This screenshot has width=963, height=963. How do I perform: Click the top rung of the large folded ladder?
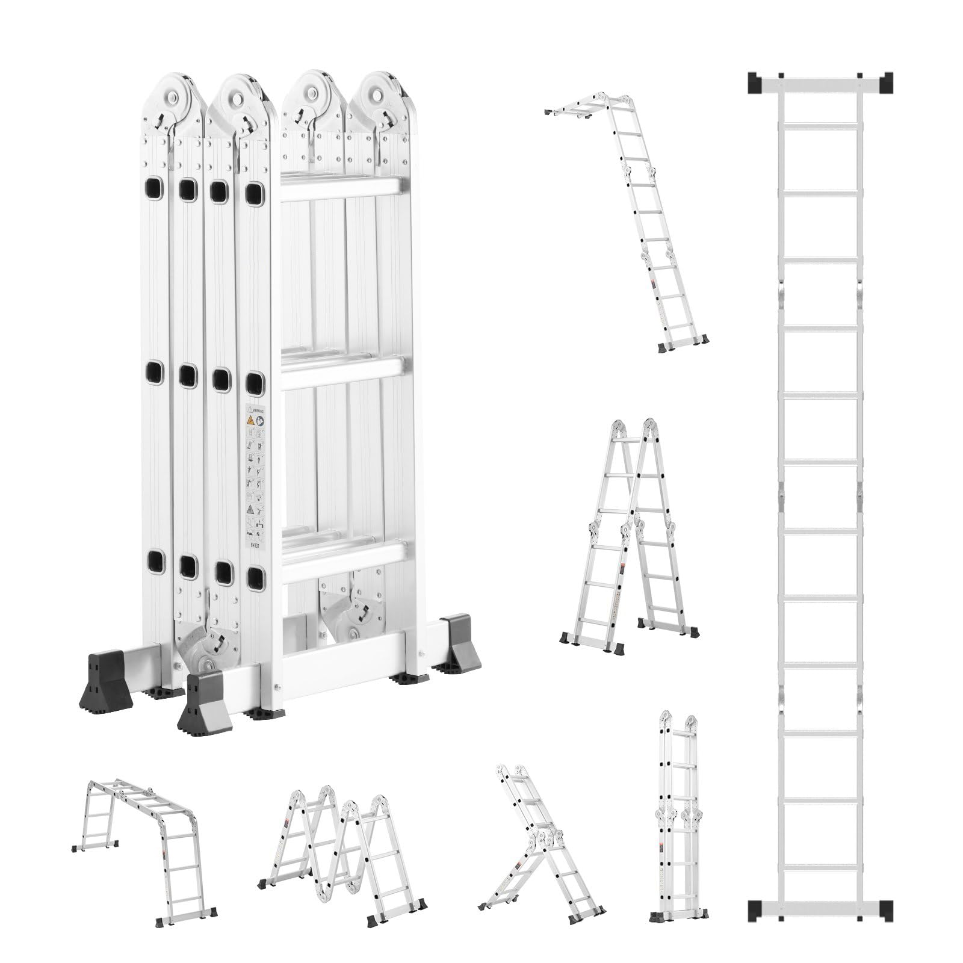pyautogui.click(x=341, y=188)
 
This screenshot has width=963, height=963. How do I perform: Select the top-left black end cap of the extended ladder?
pyautogui.click(x=754, y=82)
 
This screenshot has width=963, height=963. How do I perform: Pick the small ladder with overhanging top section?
pyautogui.click(x=638, y=223)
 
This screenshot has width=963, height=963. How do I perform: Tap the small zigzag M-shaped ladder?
pyautogui.click(x=343, y=843)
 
